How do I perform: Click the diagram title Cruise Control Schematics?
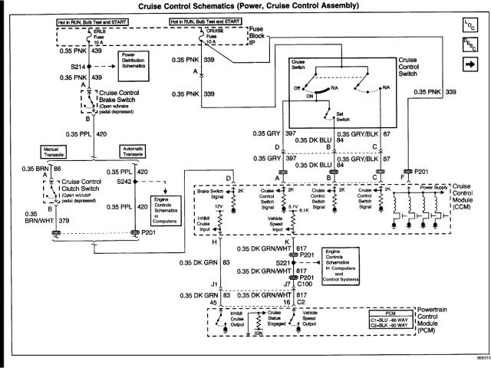[x=237, y=6]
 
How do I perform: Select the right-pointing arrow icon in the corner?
[x=469, y=66]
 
